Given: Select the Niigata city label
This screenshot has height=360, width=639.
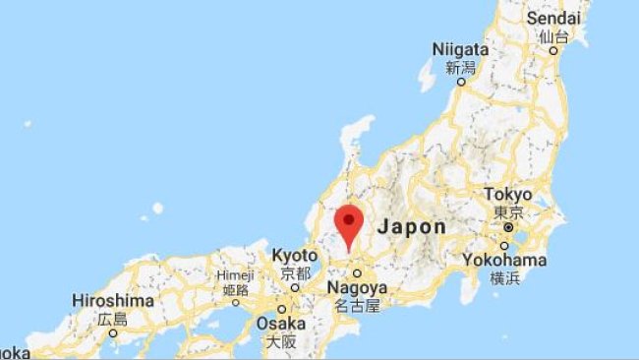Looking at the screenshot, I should click(460, 49).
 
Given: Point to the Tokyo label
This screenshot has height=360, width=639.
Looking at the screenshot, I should click(508, 194).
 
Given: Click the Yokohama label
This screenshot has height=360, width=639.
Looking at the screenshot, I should click(504, 260).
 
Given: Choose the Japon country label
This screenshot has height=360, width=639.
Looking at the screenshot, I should click(412, 225).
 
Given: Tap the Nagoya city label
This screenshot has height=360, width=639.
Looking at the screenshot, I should click(357, 288).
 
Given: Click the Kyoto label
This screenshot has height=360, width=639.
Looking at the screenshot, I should click(295, 255).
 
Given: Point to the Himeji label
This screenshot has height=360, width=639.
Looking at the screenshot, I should click(235, 275).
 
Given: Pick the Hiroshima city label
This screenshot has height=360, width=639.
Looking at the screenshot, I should click(113, 300).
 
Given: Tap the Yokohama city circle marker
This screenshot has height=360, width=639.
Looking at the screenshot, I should click(503, 245).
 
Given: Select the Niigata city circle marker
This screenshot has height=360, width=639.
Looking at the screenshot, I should click(459, 83).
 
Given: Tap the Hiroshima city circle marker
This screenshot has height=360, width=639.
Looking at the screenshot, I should click(113, 332).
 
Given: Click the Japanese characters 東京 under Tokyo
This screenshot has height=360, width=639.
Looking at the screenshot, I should click(508, 211).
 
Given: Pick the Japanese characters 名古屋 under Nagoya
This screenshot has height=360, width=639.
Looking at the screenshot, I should click(357, 306).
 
